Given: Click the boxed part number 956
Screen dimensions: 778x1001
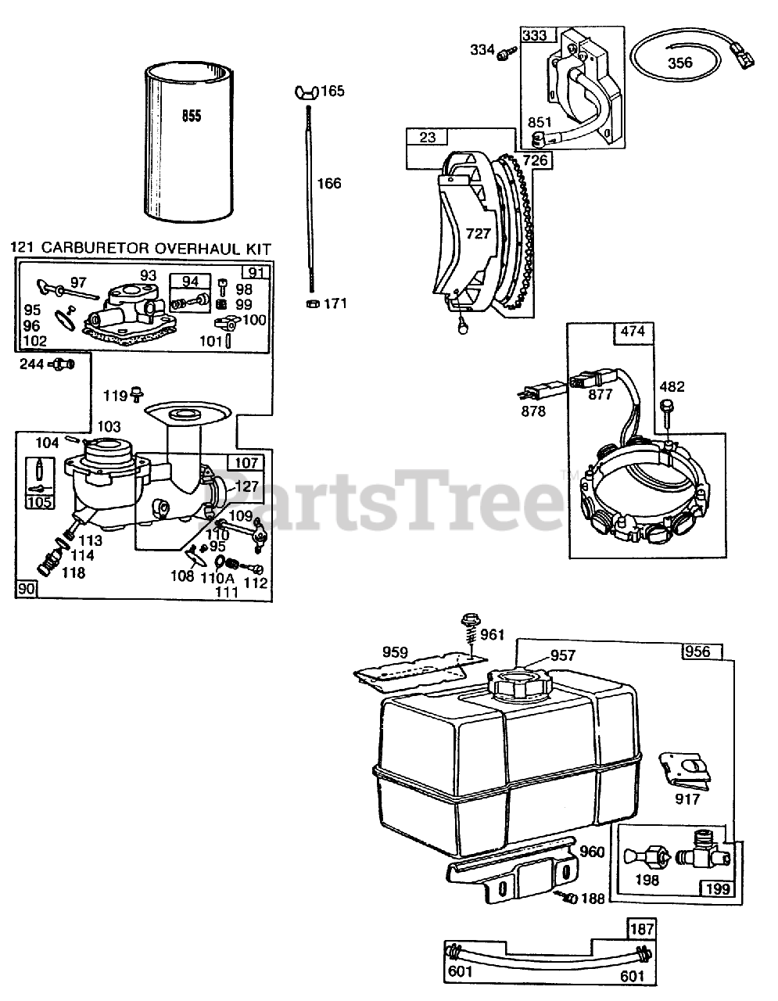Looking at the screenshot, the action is click(x=697, y=651).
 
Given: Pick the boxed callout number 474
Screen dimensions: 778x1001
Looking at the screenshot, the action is click(x=633, y=332).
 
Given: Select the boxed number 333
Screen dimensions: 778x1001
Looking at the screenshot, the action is click(x=536, y=35).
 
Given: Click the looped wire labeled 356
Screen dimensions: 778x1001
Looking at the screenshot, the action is click(x=679, y=63).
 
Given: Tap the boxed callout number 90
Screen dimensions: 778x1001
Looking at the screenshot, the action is click(x=27, y=589).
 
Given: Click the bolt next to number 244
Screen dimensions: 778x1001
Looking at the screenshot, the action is click(x=63, y=364).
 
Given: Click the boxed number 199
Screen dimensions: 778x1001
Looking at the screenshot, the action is click(x=716, y=888).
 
